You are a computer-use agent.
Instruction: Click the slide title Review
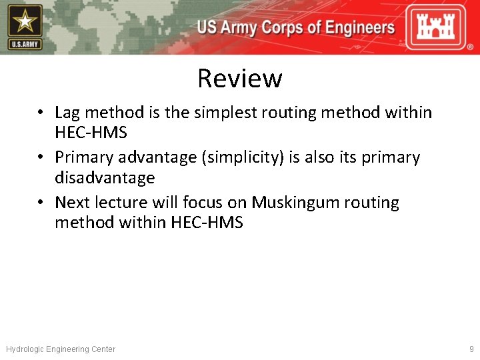(239, 79)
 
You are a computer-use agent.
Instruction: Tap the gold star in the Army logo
(25, 22)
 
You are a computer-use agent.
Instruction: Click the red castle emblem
(441, 27)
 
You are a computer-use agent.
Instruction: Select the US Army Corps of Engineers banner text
(296, 28)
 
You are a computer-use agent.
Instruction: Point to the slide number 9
(471, 349)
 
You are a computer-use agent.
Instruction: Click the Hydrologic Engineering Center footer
(61, 349)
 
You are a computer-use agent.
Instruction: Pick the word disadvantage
(105, 178)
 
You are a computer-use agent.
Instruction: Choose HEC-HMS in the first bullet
(91, 133)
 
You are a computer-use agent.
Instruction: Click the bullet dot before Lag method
(41, 113)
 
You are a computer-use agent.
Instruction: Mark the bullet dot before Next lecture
(41, 203)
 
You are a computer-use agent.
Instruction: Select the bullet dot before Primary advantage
(41, 158)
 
